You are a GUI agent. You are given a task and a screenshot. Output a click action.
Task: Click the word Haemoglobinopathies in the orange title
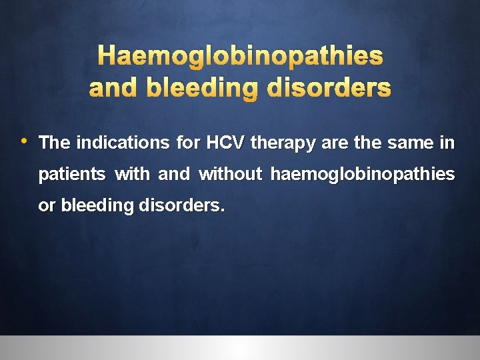(x=240, y=57)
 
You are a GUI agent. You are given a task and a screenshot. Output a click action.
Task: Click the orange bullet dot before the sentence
(x=23, y=141)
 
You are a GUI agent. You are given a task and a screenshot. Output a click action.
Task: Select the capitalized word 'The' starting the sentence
(x=55, y=143)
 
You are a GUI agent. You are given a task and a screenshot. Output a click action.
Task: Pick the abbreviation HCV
(x=226, y=143)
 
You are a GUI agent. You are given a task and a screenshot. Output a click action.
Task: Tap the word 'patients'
(x=72, y=175)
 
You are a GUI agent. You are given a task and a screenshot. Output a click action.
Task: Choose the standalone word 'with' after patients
(x=133, y=174)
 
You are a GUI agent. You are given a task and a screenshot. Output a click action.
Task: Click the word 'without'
(x=231, y=174)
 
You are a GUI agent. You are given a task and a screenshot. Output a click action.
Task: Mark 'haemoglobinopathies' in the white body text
(x=363, y=175)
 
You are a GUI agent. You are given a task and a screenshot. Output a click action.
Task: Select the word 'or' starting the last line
(x=47, y=206)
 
